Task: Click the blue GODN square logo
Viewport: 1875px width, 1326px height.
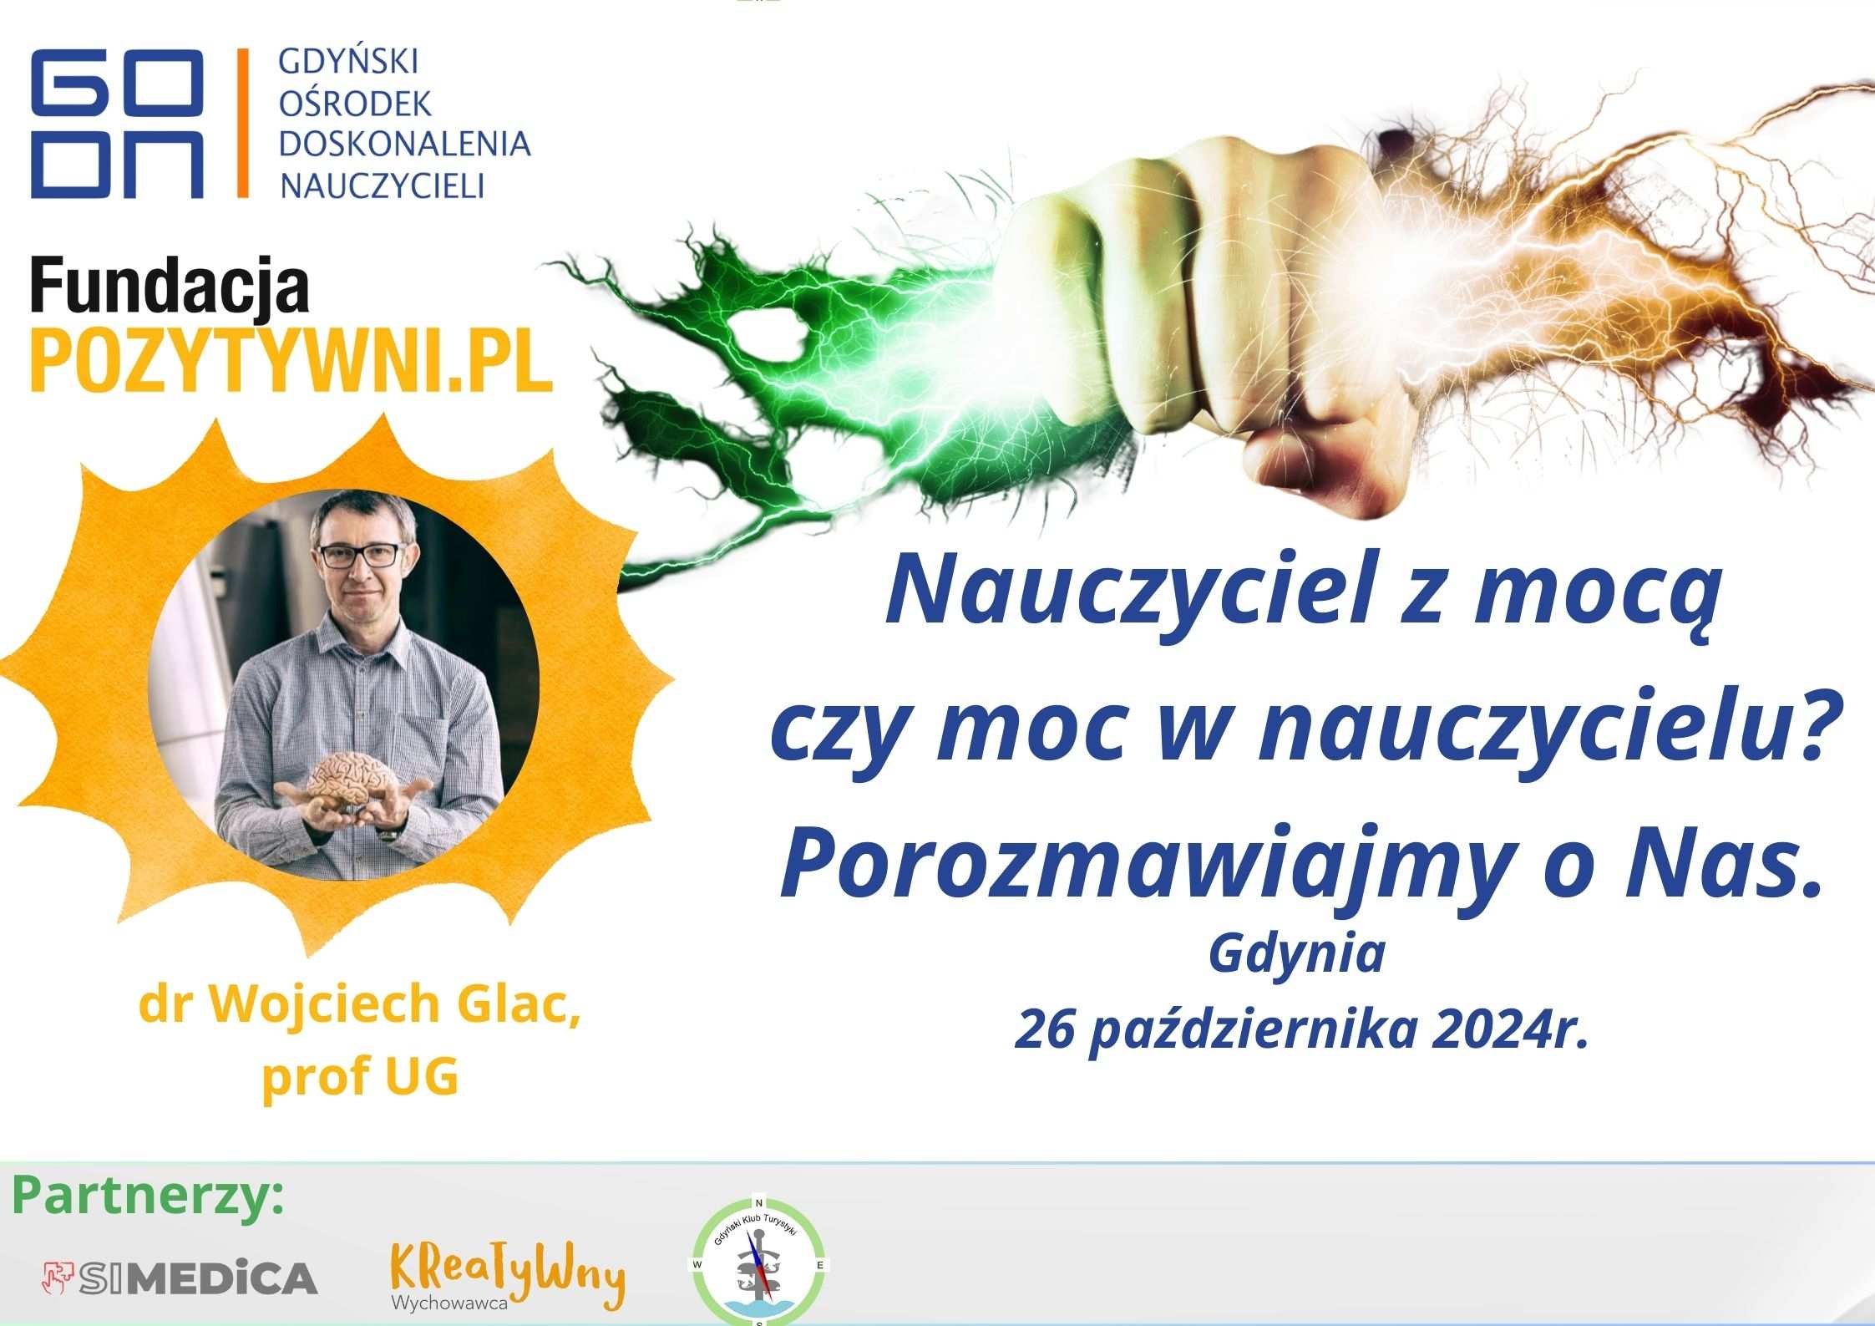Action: coord(117,124)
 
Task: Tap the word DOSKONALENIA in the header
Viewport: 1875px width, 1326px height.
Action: coord(405,144)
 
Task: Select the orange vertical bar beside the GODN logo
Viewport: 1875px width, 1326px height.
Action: coord(243,123)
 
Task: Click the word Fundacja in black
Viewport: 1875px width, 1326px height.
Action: coord(170,287)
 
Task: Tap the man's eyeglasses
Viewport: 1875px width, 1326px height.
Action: coord(359,556)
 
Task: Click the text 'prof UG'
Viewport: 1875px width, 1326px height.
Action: coord(360,1077)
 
